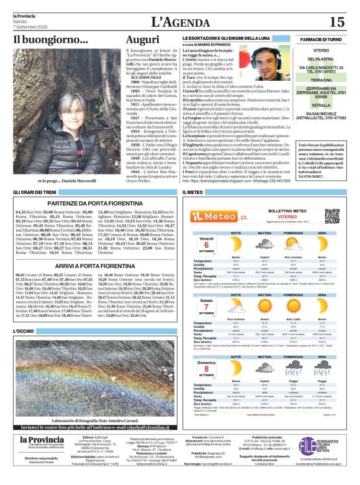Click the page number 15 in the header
point(336,22)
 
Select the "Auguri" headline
point(142,42)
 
